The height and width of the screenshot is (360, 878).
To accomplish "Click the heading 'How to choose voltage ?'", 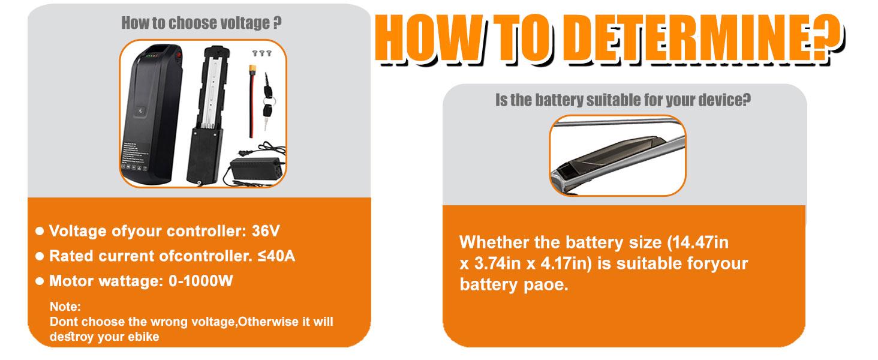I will click(202, 23).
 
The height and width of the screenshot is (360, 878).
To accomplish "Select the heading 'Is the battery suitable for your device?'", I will click(623, 100).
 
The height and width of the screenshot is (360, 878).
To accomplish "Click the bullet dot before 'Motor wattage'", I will click(40, 281).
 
